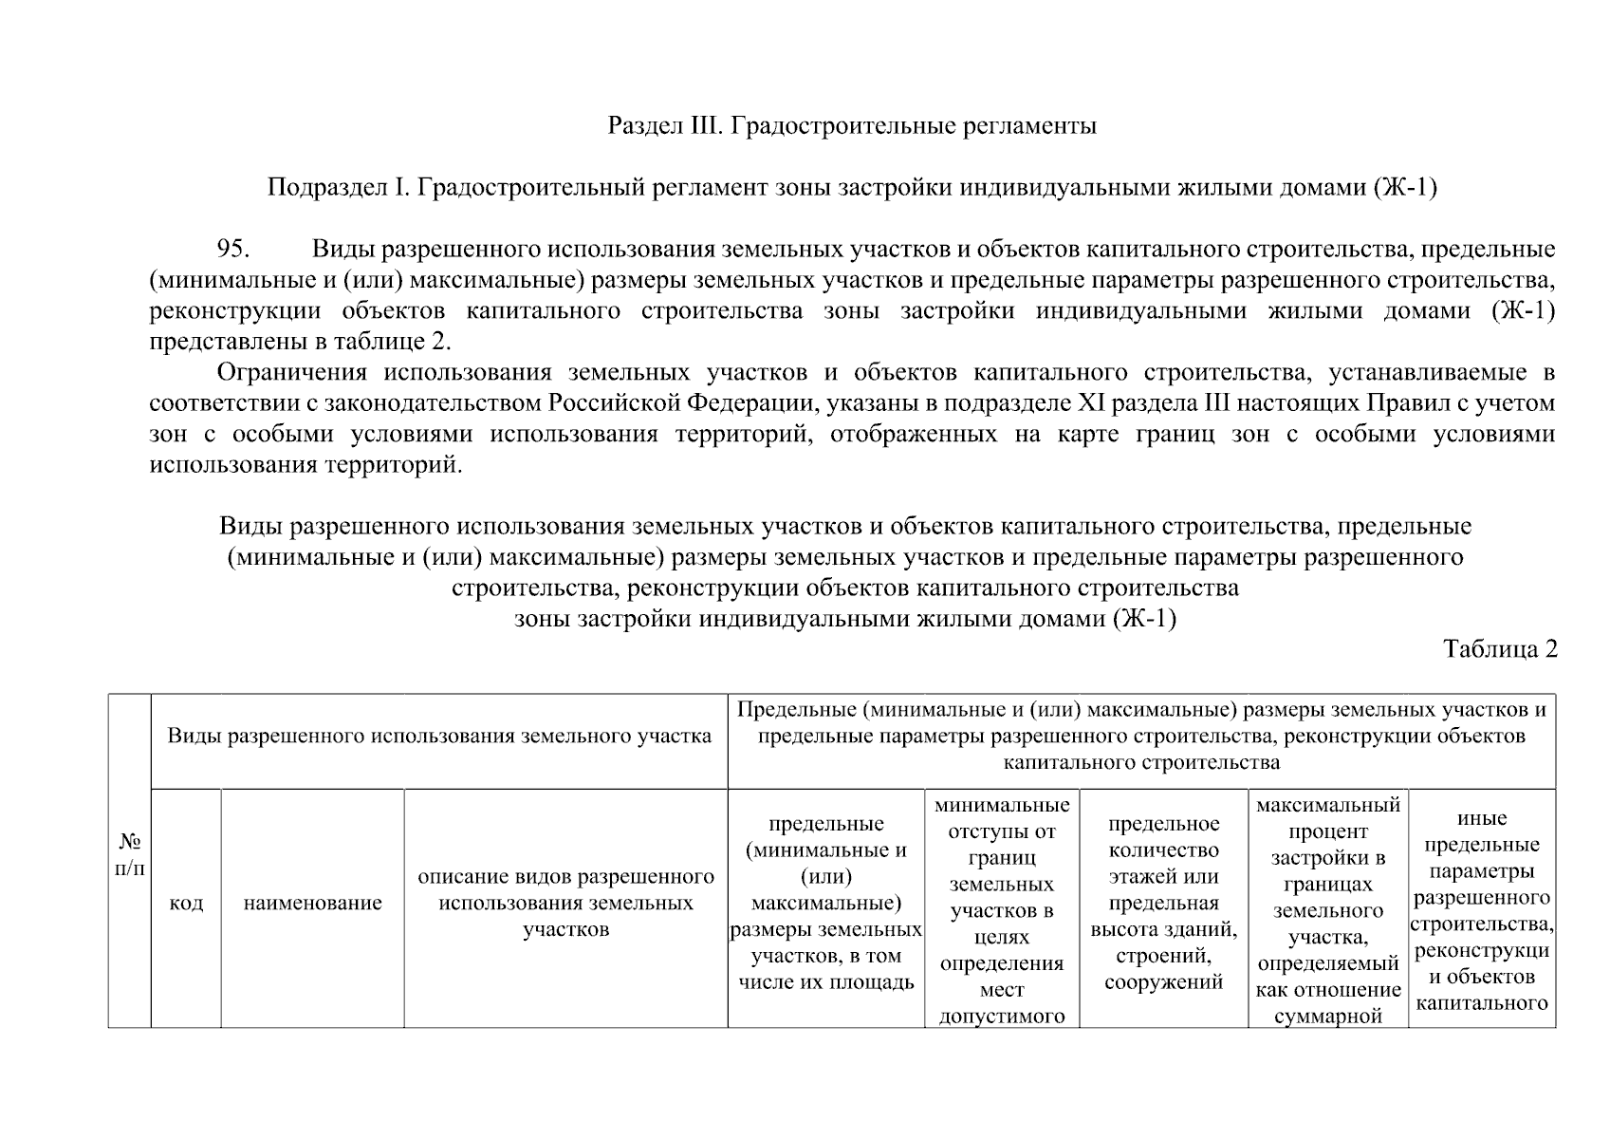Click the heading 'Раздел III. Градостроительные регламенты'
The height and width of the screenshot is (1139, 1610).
(851, 125)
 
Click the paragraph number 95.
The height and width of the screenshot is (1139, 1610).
(232, 250)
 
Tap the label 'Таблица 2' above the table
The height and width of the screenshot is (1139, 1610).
(1500, 649)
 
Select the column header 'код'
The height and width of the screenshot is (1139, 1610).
(186, 904)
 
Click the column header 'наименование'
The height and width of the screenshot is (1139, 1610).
(312, 904)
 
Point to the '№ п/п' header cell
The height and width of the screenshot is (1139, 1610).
(129, 855)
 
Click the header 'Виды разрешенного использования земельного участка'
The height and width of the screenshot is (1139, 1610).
(439, 737)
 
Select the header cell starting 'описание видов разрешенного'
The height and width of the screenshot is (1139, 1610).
(565, 903)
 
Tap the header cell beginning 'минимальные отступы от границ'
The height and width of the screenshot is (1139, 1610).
(1002, 909)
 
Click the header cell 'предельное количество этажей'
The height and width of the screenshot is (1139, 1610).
(1163, 903)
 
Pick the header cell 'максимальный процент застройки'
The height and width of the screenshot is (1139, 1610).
(1327, 909)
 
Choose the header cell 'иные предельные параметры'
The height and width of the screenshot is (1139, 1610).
(1481, 909)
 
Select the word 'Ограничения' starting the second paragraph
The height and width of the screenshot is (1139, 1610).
(290, 372)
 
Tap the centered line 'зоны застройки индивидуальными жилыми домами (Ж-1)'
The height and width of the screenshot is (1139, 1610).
(844, 620)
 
